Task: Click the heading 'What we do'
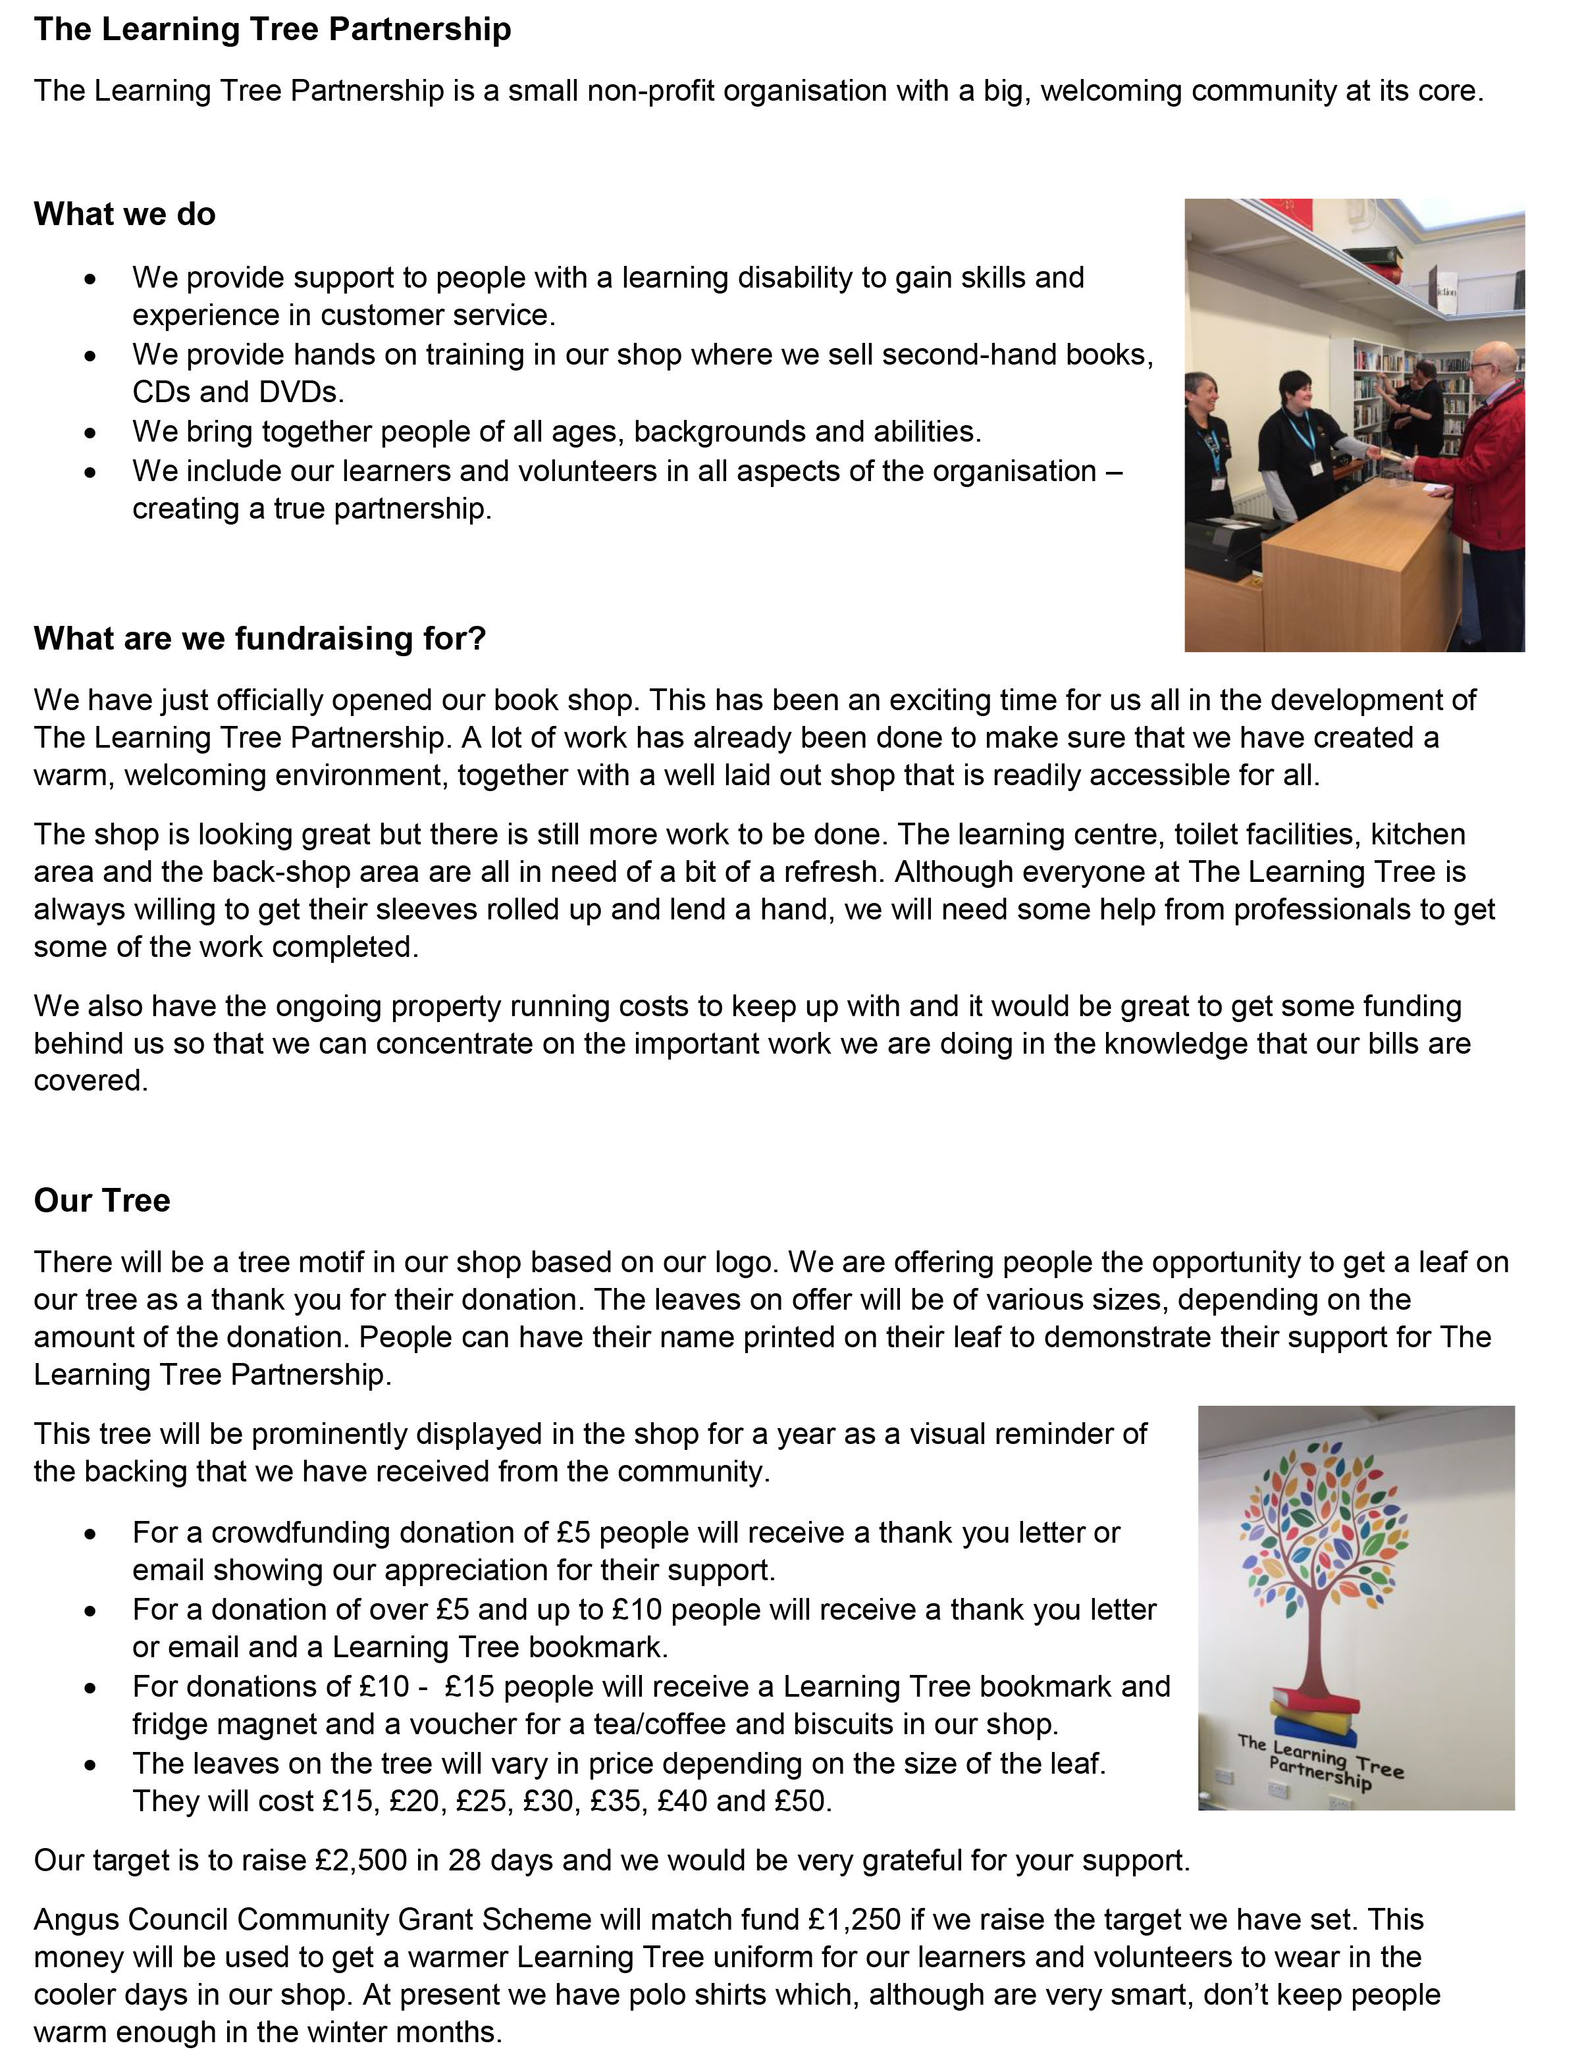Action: (x=124, y=214)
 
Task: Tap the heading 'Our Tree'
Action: (x=101, y=1200)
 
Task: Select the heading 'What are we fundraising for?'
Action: (x=260, y=638)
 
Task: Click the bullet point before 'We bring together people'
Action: (x=90, y=433)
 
